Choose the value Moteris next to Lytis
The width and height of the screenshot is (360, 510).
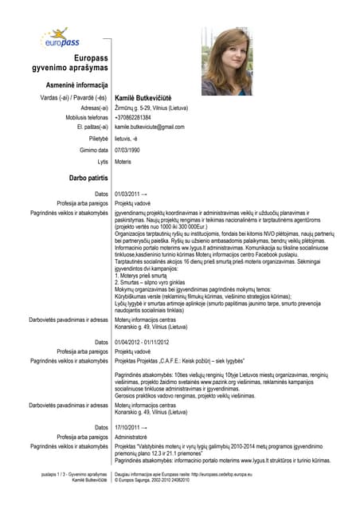(x=123, y=162)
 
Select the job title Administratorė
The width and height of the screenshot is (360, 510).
(x=134, y=437)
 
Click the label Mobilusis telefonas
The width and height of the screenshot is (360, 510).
(x=81, y=117)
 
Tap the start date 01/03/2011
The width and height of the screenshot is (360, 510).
(x=131, y=194)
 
